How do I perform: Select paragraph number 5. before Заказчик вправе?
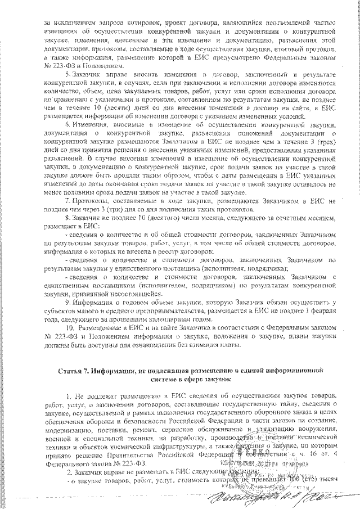[x=68, y=75]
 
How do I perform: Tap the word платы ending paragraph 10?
[x=228, y=344]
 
